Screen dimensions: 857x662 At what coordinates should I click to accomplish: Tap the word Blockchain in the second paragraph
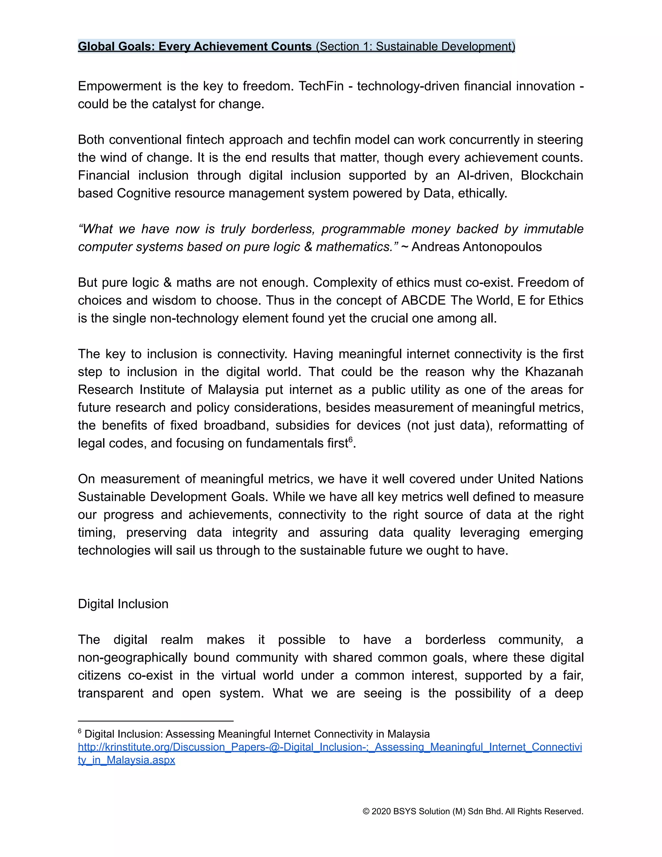[551, 175]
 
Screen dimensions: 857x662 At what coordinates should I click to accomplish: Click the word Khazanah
[554, 372]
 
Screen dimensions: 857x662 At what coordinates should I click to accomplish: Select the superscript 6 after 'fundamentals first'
[351, 439]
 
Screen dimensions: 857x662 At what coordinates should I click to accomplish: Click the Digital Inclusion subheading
[123, 604]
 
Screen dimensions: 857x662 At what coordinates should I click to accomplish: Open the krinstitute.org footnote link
[329, 747]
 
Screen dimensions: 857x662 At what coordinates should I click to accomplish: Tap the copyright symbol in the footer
[366, 811]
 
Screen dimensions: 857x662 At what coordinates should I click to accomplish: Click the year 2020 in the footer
[381, 811]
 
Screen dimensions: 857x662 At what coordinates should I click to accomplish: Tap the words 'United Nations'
[540, 479]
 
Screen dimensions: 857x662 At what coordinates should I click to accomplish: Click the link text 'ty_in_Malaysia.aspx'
[126, 760]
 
